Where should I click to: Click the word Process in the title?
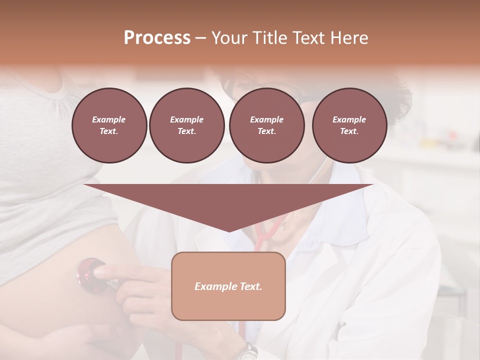tap(157, 38)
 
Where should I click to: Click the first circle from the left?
tap(109, 125)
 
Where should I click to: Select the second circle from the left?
tap(186, 125)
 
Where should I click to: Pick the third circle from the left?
tap(266, 125)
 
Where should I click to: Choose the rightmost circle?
tap(349, 125)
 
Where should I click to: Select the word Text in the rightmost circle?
tap(349, 131)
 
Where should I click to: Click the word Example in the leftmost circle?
tap(109, 119)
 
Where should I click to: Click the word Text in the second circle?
tap(186, 131)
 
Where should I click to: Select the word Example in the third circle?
tap(266, 119)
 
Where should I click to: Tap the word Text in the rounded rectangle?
tap(250, 286)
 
